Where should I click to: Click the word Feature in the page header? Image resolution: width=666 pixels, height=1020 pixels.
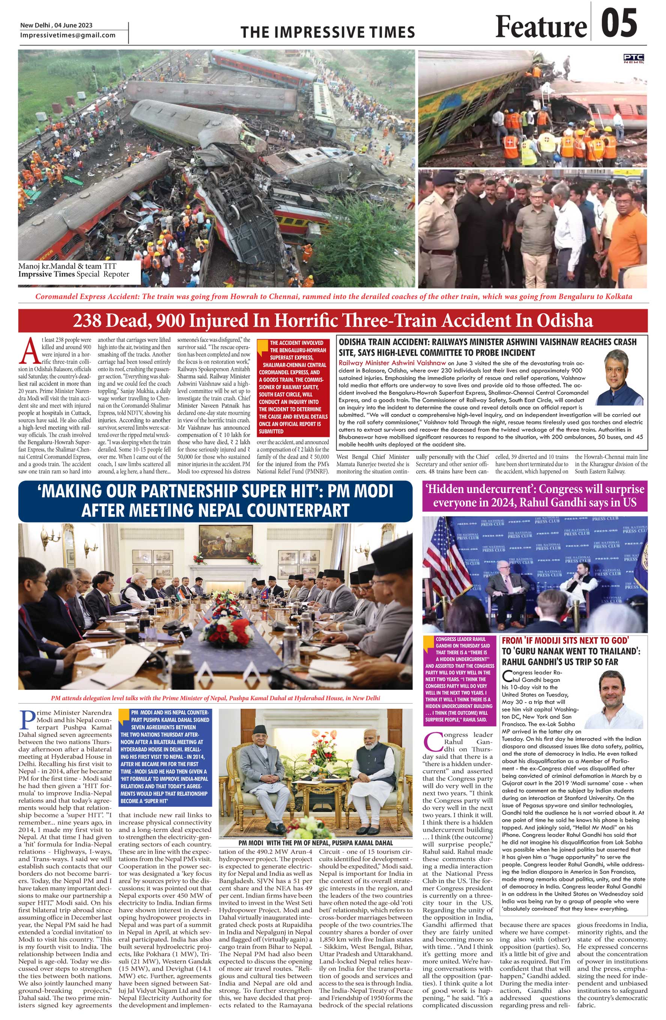541,27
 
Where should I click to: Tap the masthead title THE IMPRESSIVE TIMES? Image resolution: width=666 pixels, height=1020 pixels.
328,32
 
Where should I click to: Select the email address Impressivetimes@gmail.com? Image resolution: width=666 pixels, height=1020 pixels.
68,35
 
